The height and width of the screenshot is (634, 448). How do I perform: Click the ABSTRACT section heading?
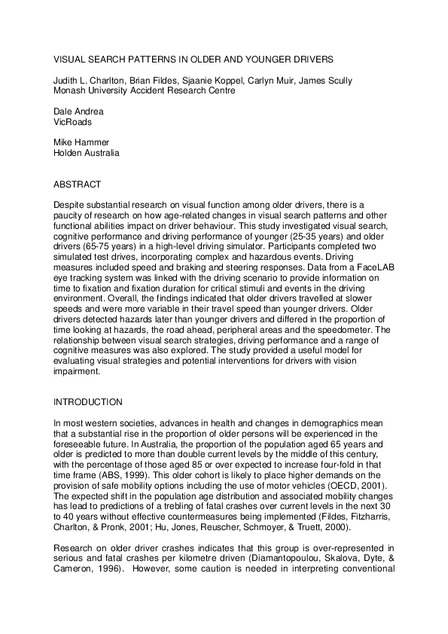(78, 184)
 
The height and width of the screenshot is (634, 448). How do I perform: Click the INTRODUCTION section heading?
(88, 402)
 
